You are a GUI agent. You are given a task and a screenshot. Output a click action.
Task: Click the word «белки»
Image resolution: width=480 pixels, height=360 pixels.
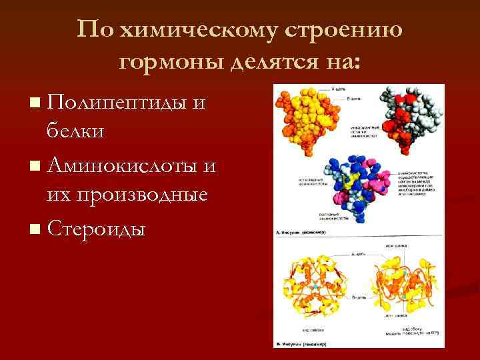(x=75, y=131)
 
